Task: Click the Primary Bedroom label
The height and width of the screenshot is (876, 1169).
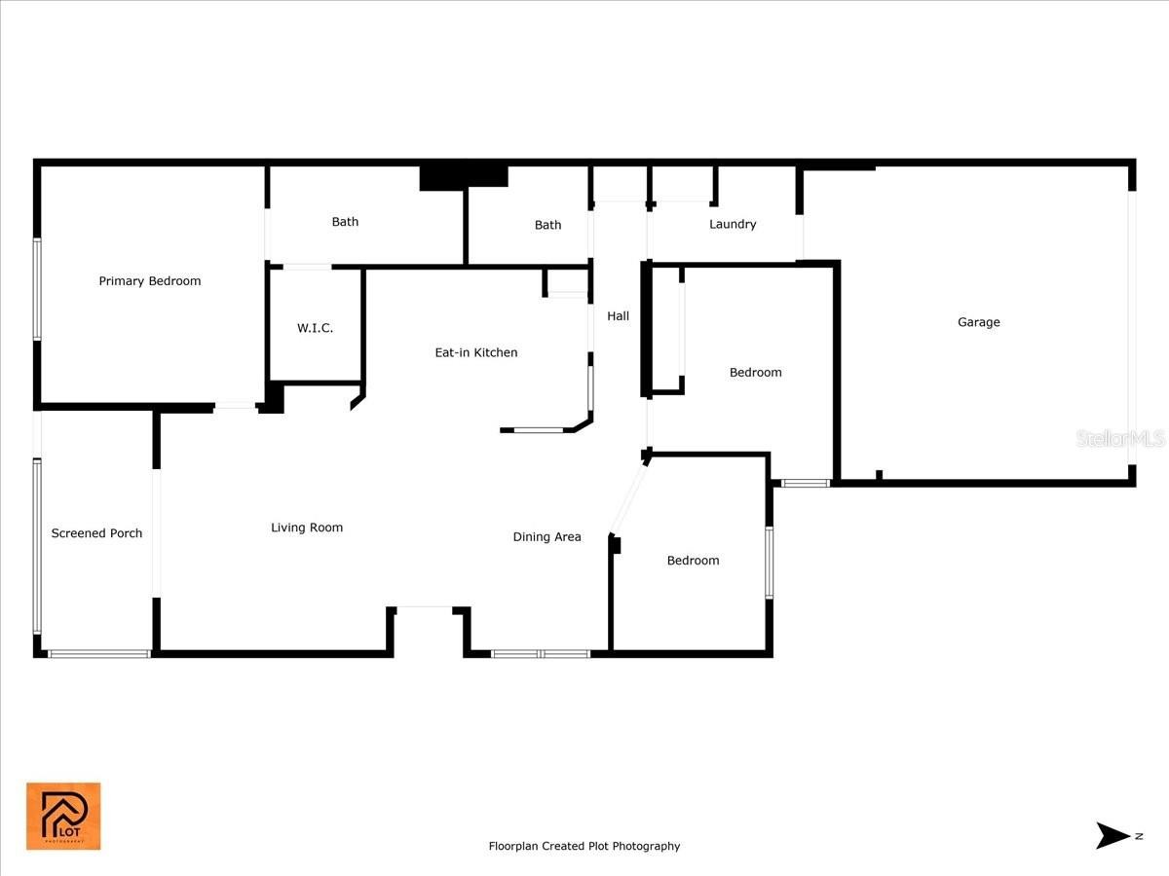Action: (x=150, y=281)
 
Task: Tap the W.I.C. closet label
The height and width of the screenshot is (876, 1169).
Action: (x=316, y=328)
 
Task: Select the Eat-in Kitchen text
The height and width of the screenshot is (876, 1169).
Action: (x=476, y=352)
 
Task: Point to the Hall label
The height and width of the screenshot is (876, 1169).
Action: (x=618, y=316)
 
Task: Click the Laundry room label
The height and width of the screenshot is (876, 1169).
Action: (x=733, y=224)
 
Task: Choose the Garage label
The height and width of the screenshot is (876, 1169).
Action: (x=978, y=322)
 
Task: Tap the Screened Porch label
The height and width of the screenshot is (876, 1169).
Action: (x=96, y=533)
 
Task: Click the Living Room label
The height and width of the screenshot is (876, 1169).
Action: (x=307, y=528)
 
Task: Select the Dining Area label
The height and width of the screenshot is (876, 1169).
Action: (x=547, y=536)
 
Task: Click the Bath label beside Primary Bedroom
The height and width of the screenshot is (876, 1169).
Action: (x=345, y=221)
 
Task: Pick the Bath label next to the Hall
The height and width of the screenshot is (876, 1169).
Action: (x=547, y=225)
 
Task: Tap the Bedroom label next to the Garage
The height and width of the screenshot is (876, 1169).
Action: (x=755, y=373)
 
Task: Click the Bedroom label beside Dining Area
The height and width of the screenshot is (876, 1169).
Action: (x=693, y=560)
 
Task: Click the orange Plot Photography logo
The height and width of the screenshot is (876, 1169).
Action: (x=63, y=816)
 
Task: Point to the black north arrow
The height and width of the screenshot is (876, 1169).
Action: (x=1112, y=835)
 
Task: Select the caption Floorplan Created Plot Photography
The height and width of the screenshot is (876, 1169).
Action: (x=584, y=846)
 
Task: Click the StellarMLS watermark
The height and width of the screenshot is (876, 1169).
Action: (x=1120, y=439)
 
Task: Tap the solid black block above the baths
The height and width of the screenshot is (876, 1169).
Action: (x=464, y=178)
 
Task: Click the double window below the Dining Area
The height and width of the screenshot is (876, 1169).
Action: (x=541, y=654)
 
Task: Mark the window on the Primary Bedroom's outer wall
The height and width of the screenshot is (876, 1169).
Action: (x=37, y=289)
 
